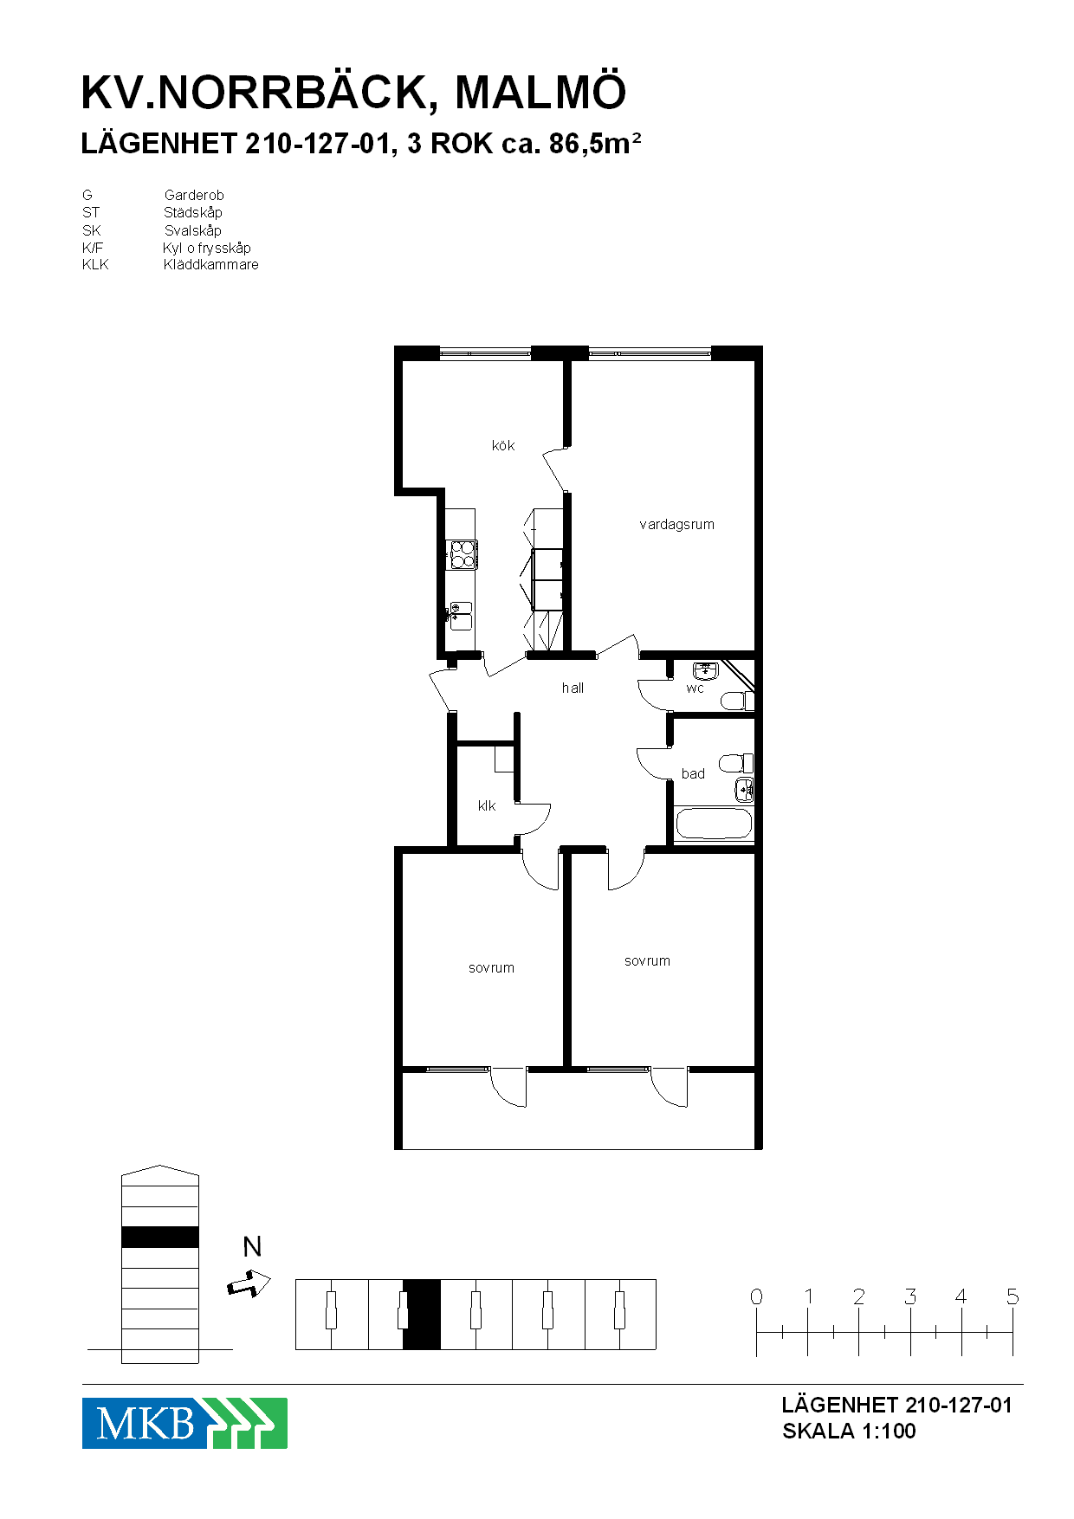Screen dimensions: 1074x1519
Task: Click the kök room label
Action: coord(503,446)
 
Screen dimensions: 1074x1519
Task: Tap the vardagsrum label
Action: coord(676,524)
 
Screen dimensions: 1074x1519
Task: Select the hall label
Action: coord(573,688)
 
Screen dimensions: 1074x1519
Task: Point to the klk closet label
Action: coord(487,805)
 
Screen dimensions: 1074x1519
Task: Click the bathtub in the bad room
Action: coord(714,824)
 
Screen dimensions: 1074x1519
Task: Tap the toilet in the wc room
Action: coord(737,700)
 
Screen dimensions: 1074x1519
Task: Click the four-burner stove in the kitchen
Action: coord(463,554)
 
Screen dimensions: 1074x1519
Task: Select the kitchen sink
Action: coord(461,615)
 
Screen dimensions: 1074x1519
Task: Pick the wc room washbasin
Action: coord(706,671)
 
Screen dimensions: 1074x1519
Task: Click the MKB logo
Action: coord(184,1423)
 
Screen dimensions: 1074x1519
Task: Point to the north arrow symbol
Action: coord(249,1283)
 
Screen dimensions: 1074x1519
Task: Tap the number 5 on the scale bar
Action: coord(1013,1296)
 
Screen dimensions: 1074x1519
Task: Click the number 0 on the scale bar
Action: coord(756,1296)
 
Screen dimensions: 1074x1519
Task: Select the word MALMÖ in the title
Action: coord(540,92)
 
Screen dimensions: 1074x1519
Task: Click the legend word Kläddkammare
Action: coord(211,265)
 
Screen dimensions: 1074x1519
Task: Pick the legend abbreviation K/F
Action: coord(93,248)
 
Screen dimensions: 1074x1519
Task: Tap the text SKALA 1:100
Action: coord(849,1431)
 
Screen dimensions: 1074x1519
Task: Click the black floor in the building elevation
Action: coord(160,1237)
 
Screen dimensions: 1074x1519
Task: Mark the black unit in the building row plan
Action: coord(422,1314)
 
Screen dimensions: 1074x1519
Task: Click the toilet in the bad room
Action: coord(736,763)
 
